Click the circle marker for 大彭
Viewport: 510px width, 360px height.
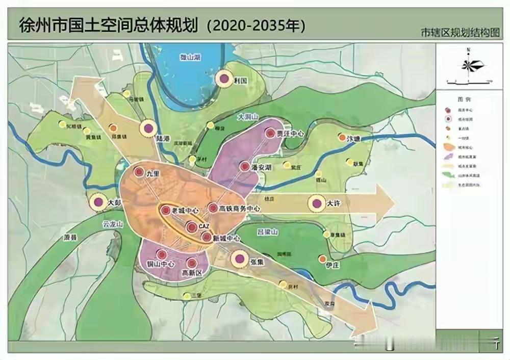pos(98,202)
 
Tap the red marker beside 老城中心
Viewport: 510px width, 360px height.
pos(165,210)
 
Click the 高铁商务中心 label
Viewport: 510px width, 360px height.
pos(240,208)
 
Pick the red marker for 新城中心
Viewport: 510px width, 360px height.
pos(207,237)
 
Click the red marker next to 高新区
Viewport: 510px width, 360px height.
pos(192,263)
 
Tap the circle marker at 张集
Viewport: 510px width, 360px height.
pos(238,260)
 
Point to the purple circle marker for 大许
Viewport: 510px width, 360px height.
pos(317,203)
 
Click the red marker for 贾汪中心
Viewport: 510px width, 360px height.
pos(270,134)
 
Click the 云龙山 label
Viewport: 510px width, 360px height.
pos(113,224)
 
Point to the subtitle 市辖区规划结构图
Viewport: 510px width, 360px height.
pos(458,33)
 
